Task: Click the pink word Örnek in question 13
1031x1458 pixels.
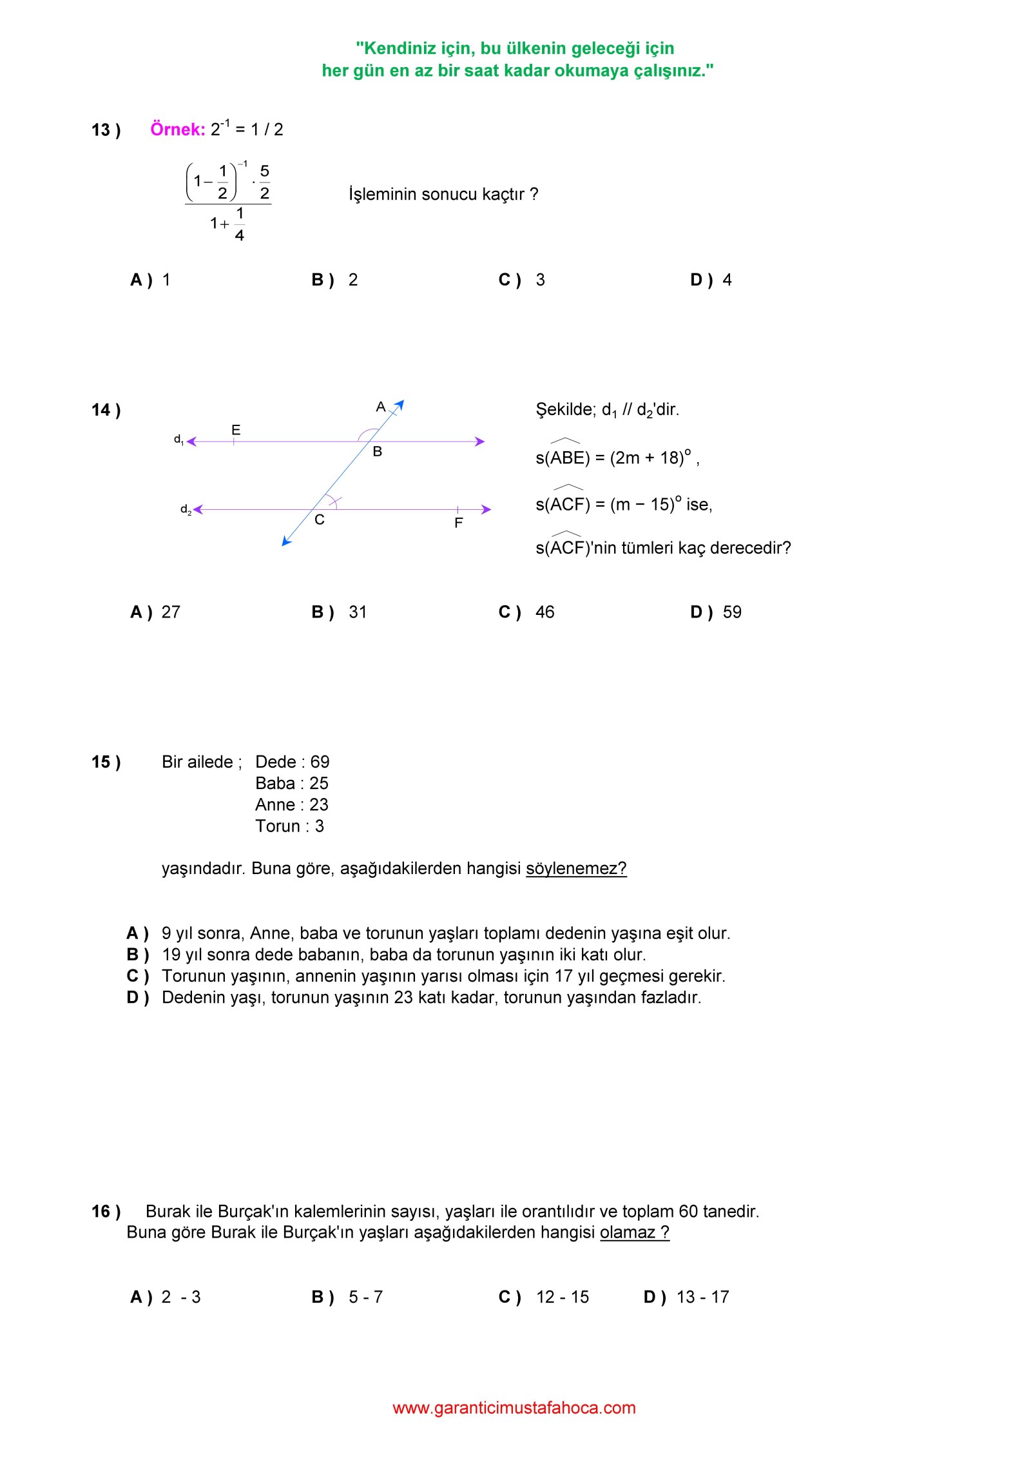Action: (177, 130)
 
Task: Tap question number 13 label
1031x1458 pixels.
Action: (106, 130)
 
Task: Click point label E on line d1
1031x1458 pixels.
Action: (236, 430)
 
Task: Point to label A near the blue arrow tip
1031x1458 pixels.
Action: (381, 407)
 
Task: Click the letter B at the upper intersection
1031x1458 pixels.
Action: (378, 452)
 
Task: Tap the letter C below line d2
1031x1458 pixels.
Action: (320, 520)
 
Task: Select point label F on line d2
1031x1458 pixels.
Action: (458, 523)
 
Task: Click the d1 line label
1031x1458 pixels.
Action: (178, 440)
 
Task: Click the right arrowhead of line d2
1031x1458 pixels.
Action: (487, 509)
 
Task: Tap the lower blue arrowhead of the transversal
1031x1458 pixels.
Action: (286, 542)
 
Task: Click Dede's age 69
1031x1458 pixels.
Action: (320, 762)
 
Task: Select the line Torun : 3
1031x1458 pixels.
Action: (289, 826)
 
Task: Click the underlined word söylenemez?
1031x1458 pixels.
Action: (576, 868)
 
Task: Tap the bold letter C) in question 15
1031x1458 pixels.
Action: (137, 976)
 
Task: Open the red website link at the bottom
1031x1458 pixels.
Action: (514, 1408)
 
